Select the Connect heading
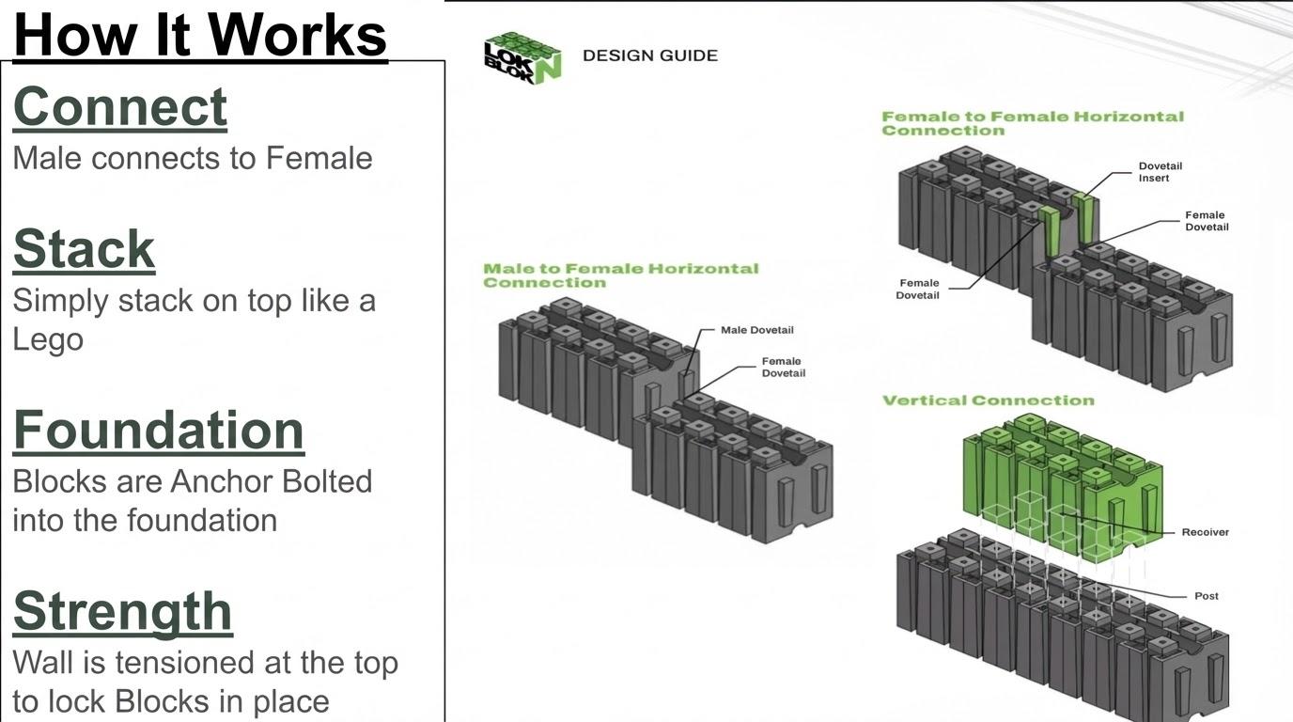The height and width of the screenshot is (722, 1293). tap(120, 106)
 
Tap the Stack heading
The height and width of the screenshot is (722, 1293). tap(84, 249)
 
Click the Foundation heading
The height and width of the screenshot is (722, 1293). tap(159, 430)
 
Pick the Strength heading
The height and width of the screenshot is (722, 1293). tap(123, 611)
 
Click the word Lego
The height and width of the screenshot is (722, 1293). tap(48, 339)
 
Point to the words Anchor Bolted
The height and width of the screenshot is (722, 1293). tap(271, 481)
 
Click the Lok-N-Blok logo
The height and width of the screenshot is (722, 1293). tap(522, 58)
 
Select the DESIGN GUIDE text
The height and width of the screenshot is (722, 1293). tap(649, 55)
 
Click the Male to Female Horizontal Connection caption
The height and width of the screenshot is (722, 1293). tap(620, 275)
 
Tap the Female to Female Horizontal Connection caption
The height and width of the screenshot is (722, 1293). tap(1032, 123)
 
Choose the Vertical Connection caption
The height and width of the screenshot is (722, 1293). tap(988, 400)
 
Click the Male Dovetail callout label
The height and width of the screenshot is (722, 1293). tap(756, 330)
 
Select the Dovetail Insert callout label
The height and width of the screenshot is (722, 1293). tap(1160, 172)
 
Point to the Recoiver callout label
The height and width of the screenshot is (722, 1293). tap(1205, 532)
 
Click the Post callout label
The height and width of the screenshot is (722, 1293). tap(1206, 596)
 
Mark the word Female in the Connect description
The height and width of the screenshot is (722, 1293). tap(319, 158)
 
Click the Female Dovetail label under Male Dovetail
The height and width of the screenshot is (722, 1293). tap(783, 367)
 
